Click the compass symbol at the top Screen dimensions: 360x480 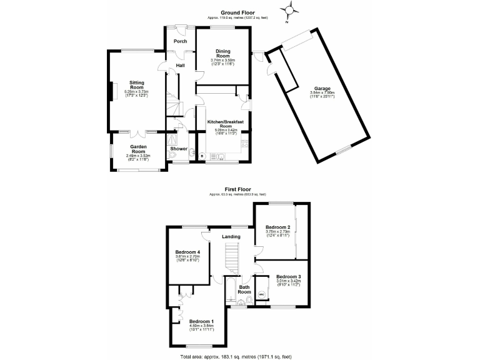coord(290,11)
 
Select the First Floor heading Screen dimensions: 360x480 coord(238,187)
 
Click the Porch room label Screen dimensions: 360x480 coord(181,41)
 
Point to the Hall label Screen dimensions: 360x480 coord(181,66)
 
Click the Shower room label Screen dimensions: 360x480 coord(179,149)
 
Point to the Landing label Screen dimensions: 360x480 coord(231,236)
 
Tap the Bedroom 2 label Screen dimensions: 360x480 coord(277,227)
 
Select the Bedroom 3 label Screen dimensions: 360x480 coord(288,276)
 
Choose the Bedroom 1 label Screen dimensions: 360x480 coord(201,321)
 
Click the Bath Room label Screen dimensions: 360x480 coord(244,289)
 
